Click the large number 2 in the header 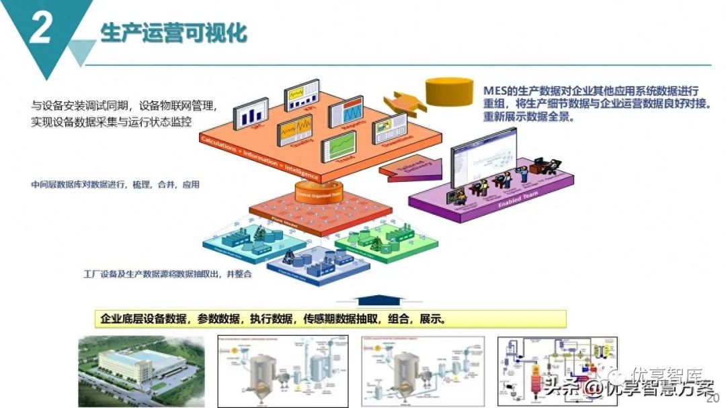(40, 30)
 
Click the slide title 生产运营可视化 (173, 33)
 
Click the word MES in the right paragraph (495, 91)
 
